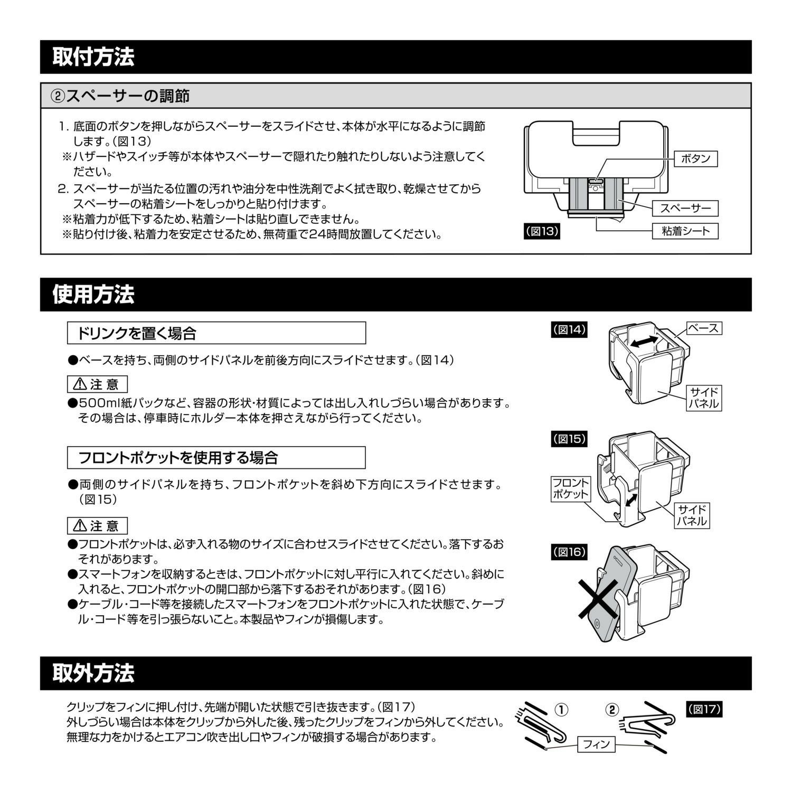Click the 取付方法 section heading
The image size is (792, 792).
(x=93, y=57)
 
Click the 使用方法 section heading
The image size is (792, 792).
(x=93, y=295)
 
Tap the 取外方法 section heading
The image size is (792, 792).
(x=93, y=673)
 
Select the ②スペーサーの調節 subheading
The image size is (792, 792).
(x=120, y=96)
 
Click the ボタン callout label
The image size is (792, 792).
(x=696, y=158)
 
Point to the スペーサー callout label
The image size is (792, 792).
(x=686, y=208)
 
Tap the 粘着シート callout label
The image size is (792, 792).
(x=686, y=231)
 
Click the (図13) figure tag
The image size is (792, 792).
(x=542, y=231)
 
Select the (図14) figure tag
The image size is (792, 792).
(x=569, y=329)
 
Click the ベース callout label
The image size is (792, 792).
(x=704, y=328)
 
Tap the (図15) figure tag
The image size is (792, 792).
(x=569, y=439)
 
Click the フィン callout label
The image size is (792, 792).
(x=597, y=744)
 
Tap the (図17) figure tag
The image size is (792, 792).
(x=704, y=709)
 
